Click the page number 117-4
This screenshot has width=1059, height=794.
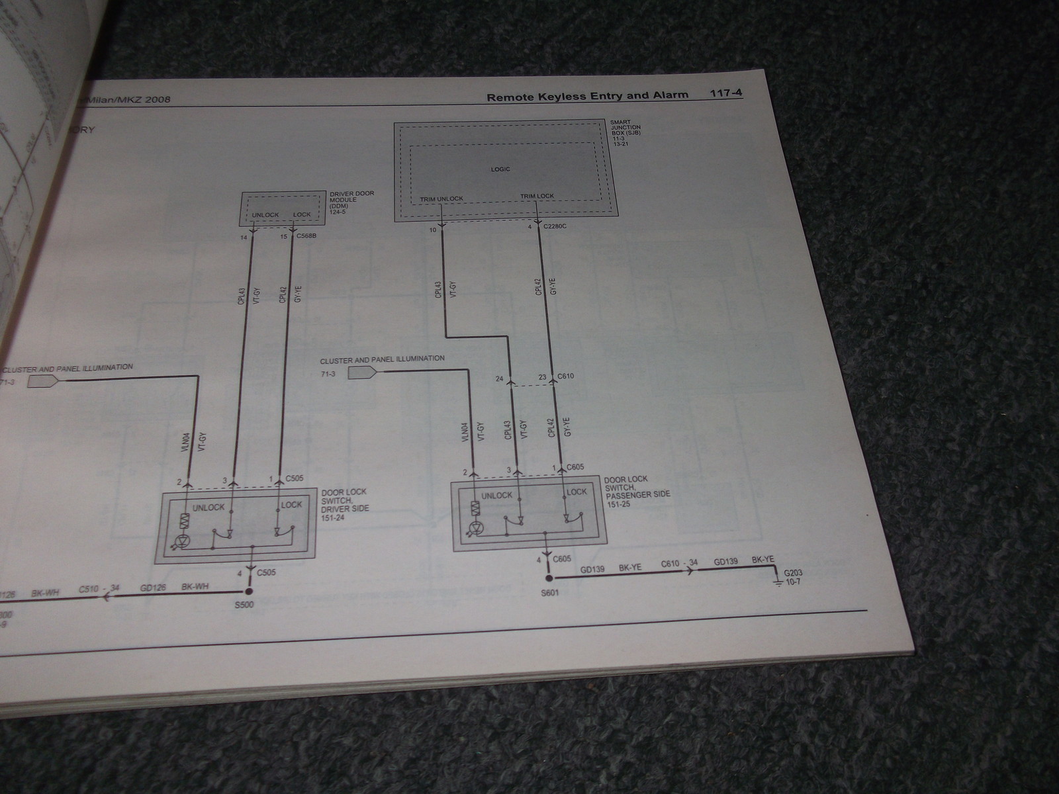point(726,94)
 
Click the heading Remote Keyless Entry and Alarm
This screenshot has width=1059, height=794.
point(587,96)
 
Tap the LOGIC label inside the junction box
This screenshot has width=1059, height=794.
point(501,169)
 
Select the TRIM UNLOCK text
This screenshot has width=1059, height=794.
point(441,198)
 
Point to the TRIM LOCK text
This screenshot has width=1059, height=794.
point(537,196)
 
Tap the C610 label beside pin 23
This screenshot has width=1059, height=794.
point(566,376)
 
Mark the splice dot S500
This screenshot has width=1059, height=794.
point(250,591)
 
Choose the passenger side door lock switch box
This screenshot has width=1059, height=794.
point(526,515)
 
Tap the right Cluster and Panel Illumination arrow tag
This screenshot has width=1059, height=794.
point(361,372)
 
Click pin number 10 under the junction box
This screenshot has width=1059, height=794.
point(433,230)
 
